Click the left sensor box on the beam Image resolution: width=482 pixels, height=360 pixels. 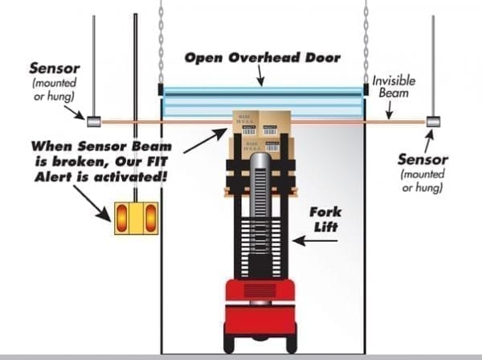click(92, 121)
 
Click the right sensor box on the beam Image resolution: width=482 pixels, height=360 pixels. click(433, 122)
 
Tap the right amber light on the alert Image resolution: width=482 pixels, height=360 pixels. click(149, 217)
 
